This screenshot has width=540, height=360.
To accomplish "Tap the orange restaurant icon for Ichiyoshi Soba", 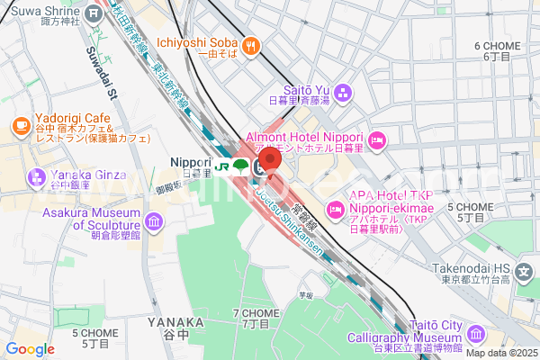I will (x=252, y=42).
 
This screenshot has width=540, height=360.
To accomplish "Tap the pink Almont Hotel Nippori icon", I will (x=377, y=139).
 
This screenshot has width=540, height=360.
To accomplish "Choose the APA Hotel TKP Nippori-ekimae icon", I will (x=335, y=209).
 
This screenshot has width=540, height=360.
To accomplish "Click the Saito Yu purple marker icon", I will (x=348, y=90).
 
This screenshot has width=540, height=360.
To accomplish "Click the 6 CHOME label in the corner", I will (x=497, y=45).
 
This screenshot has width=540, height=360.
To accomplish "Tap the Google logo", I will (x=30, y=349).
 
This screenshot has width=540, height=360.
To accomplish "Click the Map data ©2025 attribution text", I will (x=499, y=352).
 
